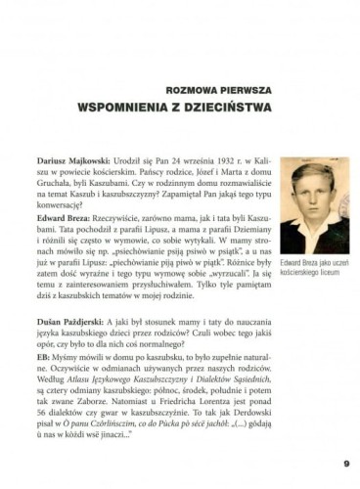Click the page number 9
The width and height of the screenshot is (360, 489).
(x=346, y=464)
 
